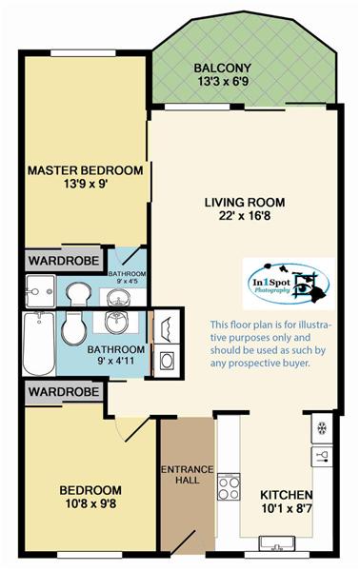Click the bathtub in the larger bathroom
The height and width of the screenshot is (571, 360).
pyautogui.click(x=39, y=344)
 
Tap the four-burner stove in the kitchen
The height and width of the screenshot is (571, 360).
pyautogui.click(x=229, y=486)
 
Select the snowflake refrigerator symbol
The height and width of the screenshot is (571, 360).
pyautogui.click(x=322, y=428)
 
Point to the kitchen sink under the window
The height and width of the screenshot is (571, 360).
pyautogui.click(x=277, y=543)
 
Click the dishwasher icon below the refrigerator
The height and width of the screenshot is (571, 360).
pyautogui.click(x=322, y=456)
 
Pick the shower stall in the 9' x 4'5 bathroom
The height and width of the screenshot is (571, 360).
pyautogui.click(x=40, y=291)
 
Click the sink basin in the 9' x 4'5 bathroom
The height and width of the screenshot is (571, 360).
pyautogui.click(x=118, y=298)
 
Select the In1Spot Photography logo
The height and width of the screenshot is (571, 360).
pyautogui.click(x=289, y=284)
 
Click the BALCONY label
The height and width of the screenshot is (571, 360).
pyautogui.click(x=222, y=69)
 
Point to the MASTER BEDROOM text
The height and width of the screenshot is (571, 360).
pyautogui.click(x=86, y=170)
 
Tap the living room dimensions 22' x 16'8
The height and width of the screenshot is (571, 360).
pyautogui.click(x=245, y=216)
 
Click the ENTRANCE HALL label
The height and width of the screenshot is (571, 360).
pyautogui.click(x=188, y=475)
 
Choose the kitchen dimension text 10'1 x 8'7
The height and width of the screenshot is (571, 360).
pyautogui.click(x=287, y=508)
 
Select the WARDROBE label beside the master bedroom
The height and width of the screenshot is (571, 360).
pyautogui.click(x=64, y=261)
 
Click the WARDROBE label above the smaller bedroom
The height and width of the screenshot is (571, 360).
pyautogui.click(x=64, y=392)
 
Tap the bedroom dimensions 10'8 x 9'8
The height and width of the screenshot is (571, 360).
pyautogui.click(x=90, y=504)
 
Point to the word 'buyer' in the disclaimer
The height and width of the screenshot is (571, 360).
pyautogui.click(x=296, y=364)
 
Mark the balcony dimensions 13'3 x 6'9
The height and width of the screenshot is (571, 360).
pyautogui.click(x=223, y=81)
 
